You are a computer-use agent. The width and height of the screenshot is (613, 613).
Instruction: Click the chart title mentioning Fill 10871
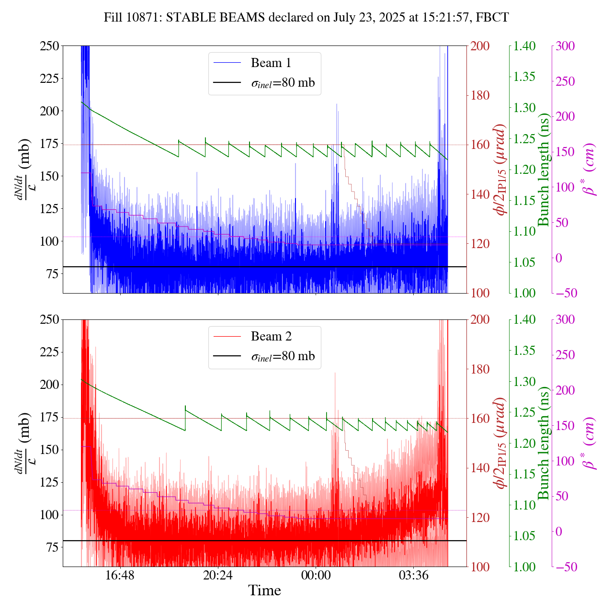point(306,18)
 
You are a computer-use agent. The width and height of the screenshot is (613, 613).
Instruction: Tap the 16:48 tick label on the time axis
point(120,575)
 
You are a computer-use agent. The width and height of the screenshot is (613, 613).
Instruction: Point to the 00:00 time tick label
point(316,575)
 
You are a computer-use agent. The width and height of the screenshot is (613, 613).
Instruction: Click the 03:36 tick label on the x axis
point(413,575)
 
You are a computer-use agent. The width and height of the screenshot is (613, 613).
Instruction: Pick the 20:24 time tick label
point(218,575)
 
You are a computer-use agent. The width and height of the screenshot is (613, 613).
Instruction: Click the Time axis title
point(264,590)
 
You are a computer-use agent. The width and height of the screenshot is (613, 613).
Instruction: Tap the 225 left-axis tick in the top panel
point(49,79)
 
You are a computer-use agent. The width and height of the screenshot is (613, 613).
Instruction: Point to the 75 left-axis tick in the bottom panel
point(53,547)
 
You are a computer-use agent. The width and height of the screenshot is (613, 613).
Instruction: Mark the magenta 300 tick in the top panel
point(565,46)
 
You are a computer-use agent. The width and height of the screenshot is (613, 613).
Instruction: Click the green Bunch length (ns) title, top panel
point(543,170)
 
